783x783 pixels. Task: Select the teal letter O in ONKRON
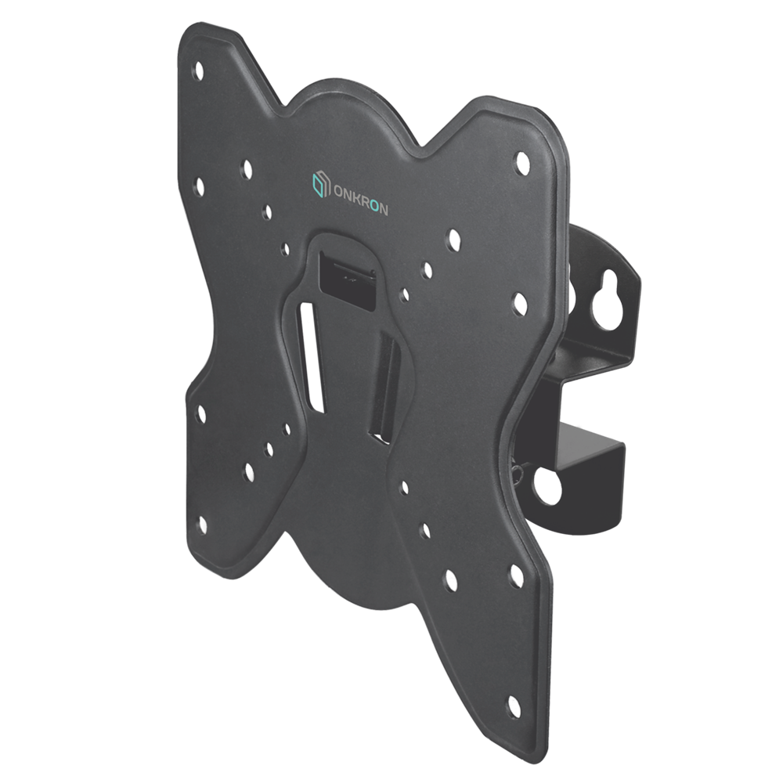(x=373, y=206)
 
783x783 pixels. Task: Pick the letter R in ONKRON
(x=364, y=203)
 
